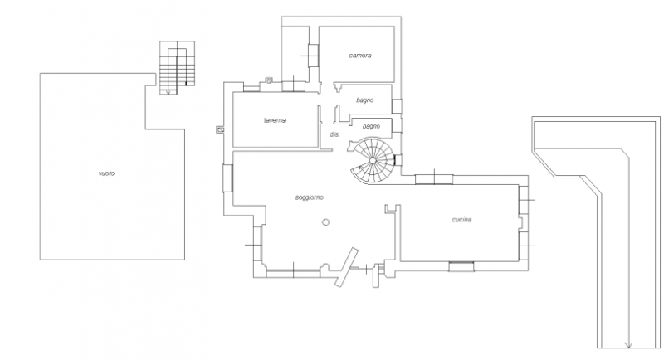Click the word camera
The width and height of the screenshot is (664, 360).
click(x=360, y=56)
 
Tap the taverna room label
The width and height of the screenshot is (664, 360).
click(x=275, y=120)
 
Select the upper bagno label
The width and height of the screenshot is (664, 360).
click(x=364, y=100)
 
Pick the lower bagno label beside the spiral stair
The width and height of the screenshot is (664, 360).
click(x=371, y=126)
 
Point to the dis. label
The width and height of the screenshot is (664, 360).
click(x=334, y=134)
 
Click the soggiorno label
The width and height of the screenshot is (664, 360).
click(x=309, y=197)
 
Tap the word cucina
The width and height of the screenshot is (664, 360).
click(x=461, y=220)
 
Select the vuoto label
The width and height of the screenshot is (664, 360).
click(x=106, y=173)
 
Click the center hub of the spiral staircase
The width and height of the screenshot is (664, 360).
click(x=372, y=160)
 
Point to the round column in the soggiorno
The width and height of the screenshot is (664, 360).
click(x=325, y=222)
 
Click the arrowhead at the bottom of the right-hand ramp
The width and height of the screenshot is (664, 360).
click(x=629, y=345)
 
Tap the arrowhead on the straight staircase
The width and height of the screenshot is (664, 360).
click(x=168, y=91)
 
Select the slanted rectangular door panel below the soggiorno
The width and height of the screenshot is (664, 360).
click(x=346, y=267)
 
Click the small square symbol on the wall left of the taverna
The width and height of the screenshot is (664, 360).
click(x=220, y=129)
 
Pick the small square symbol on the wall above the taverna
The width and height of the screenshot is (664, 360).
click(x=268, y=80)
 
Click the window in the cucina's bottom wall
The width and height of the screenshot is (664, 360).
click(x=461, y=267)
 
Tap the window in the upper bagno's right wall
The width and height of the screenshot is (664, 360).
click(x=397, y=106)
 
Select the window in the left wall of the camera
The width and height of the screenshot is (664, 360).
click(x=314, y=56)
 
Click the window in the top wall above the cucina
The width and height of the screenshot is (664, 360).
click(x=434, y=179)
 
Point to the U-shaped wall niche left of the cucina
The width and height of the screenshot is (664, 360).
click(x=393, y=209)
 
